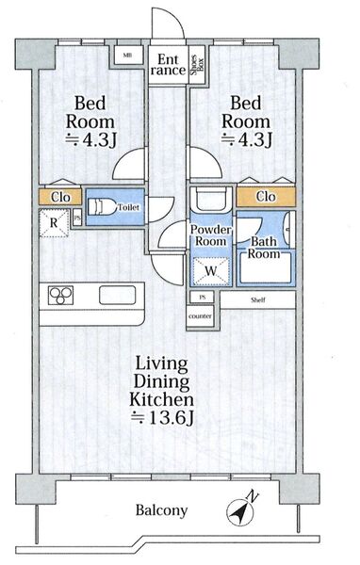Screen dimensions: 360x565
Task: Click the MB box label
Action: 126,56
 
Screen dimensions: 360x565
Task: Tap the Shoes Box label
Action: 197,65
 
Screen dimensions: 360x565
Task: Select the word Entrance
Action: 168,64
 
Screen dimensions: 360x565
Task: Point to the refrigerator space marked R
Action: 54,223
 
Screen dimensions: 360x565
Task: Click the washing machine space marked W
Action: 211,271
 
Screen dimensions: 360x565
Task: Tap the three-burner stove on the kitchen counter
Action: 61,295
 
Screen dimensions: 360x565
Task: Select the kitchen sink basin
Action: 118,295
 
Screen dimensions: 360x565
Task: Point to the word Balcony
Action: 161,510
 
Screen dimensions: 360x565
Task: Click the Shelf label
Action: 258,299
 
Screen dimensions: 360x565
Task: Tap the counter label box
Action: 200,316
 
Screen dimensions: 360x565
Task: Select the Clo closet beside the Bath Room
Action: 266,197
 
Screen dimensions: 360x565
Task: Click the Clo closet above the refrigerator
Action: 60,197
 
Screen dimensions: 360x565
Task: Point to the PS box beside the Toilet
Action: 77,218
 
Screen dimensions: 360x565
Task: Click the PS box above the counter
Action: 202,298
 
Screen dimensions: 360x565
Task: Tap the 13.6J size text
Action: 162,417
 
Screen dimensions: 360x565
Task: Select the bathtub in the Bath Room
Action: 266,267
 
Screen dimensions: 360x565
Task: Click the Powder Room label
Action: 211,235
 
